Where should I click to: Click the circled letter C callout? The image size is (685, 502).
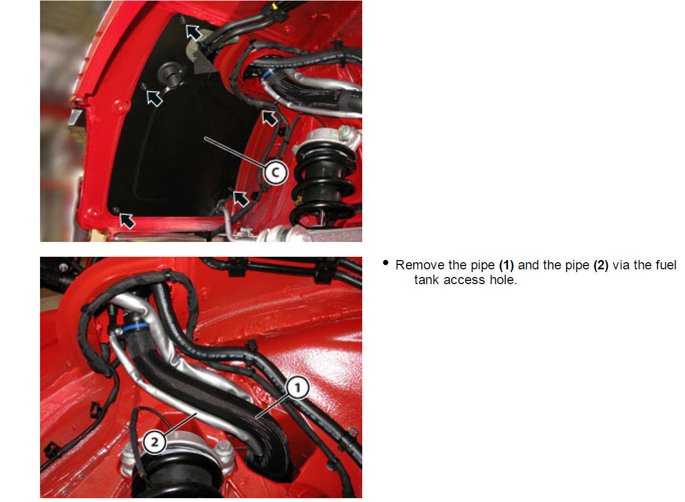[275, 172]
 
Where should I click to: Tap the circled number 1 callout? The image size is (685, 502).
[296, 389]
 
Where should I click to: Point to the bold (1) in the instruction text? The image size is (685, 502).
[506, 266]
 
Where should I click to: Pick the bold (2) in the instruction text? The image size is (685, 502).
[601, 266]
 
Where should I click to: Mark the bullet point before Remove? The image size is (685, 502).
[386, 264]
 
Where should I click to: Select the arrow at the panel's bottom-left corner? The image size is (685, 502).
[127, 220]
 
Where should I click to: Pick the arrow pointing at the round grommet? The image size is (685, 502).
[155, 97]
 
